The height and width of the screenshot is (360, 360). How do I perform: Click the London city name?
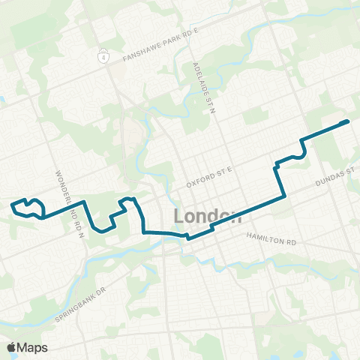pos(208,216)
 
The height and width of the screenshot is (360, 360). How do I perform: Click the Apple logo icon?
pos(12,347)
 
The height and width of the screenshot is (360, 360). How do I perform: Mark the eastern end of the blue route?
pos(348,121)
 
